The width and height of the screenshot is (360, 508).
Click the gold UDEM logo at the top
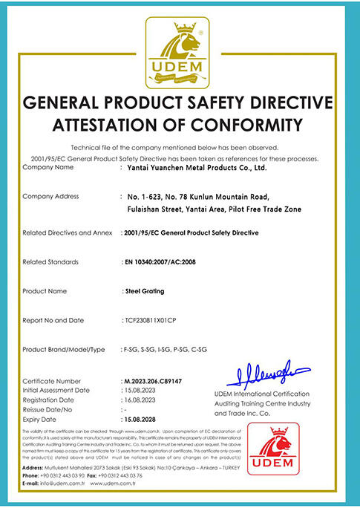coord(180,51)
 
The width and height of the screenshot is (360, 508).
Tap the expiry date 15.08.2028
coord(140,418)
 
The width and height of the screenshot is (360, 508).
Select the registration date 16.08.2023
coord(140,399)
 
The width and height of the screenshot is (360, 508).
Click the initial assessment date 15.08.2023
coord(140,389)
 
